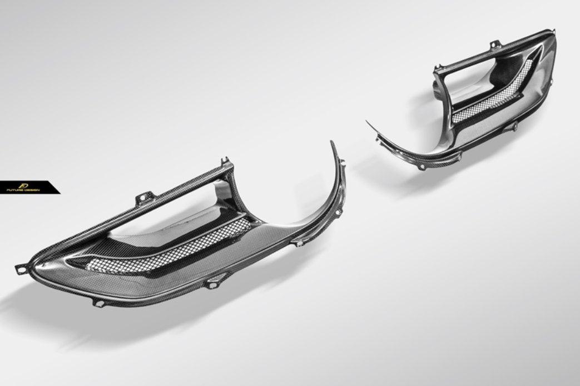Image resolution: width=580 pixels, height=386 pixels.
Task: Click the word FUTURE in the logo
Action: coord(16,190)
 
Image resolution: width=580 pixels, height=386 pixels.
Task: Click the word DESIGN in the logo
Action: coord(32,190)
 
